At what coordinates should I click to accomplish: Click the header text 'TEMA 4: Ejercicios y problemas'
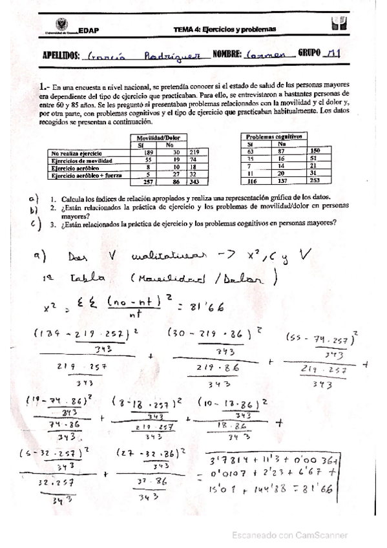pyautogui.click(x=224, y=29)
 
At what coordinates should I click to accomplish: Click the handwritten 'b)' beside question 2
pyautogui.click(x=34, y=209)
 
